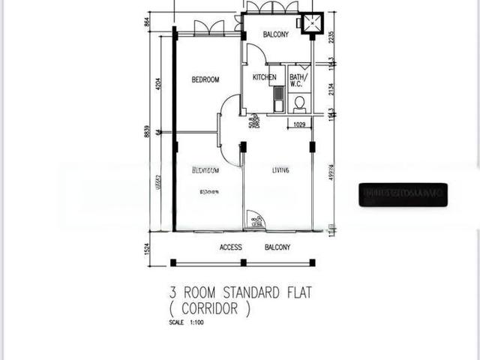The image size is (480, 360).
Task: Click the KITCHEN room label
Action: point(264,77)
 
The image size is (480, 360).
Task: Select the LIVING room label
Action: point(280,171)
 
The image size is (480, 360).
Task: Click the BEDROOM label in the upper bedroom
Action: point(205,80)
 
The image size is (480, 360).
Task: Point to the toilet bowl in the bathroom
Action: point(299,103)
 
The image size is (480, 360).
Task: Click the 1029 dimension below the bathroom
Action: point(298,124)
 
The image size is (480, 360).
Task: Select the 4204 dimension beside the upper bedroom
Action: point(157,84)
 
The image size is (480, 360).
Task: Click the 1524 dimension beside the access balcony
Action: point(148,247)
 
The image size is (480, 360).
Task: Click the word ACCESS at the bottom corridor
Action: point(231,247)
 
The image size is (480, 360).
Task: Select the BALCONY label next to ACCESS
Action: point(277,247)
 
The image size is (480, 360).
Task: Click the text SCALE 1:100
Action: point(186,323)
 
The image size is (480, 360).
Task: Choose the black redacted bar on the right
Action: point(403,194)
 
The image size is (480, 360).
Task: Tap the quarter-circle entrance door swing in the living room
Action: point(256,219)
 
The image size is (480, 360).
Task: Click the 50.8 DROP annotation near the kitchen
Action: point(253,120)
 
